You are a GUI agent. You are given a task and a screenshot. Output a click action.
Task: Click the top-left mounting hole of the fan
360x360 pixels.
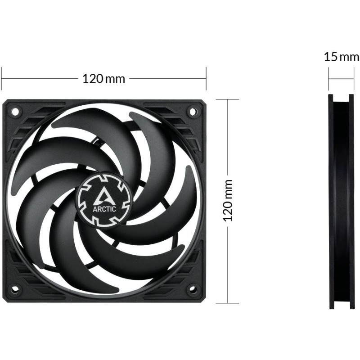(x=14, y=110)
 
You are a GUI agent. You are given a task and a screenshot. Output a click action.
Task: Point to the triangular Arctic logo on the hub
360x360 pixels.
(x=103, y=194)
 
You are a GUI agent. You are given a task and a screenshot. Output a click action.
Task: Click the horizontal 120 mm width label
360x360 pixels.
(x=103, y=78)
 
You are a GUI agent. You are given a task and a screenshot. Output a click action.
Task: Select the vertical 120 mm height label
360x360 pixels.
(x=228, y=200)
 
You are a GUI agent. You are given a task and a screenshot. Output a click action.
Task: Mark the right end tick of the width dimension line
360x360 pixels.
(x=206, y=78)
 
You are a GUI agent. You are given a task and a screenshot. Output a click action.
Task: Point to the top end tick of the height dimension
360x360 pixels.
(x=228, y=99)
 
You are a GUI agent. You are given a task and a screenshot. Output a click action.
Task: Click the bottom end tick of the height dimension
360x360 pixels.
(x=228, y=302)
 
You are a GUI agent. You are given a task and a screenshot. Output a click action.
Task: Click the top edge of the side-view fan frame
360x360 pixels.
(x=340, y=95)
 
